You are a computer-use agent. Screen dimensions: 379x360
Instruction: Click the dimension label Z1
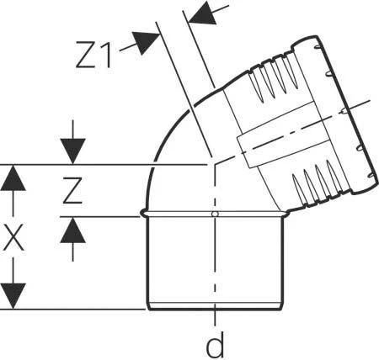[93, 55]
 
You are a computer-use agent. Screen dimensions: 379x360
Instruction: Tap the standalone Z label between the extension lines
[72, 190]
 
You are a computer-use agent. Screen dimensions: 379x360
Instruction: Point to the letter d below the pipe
[215, 344]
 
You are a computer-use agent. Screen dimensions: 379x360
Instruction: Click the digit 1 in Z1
[105, 55]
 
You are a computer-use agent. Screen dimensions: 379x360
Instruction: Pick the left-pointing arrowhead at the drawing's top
[203, 13]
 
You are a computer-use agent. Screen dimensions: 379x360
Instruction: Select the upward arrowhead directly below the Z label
[73, 230]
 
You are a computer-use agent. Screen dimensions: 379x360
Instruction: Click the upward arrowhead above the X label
[13, 178]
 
